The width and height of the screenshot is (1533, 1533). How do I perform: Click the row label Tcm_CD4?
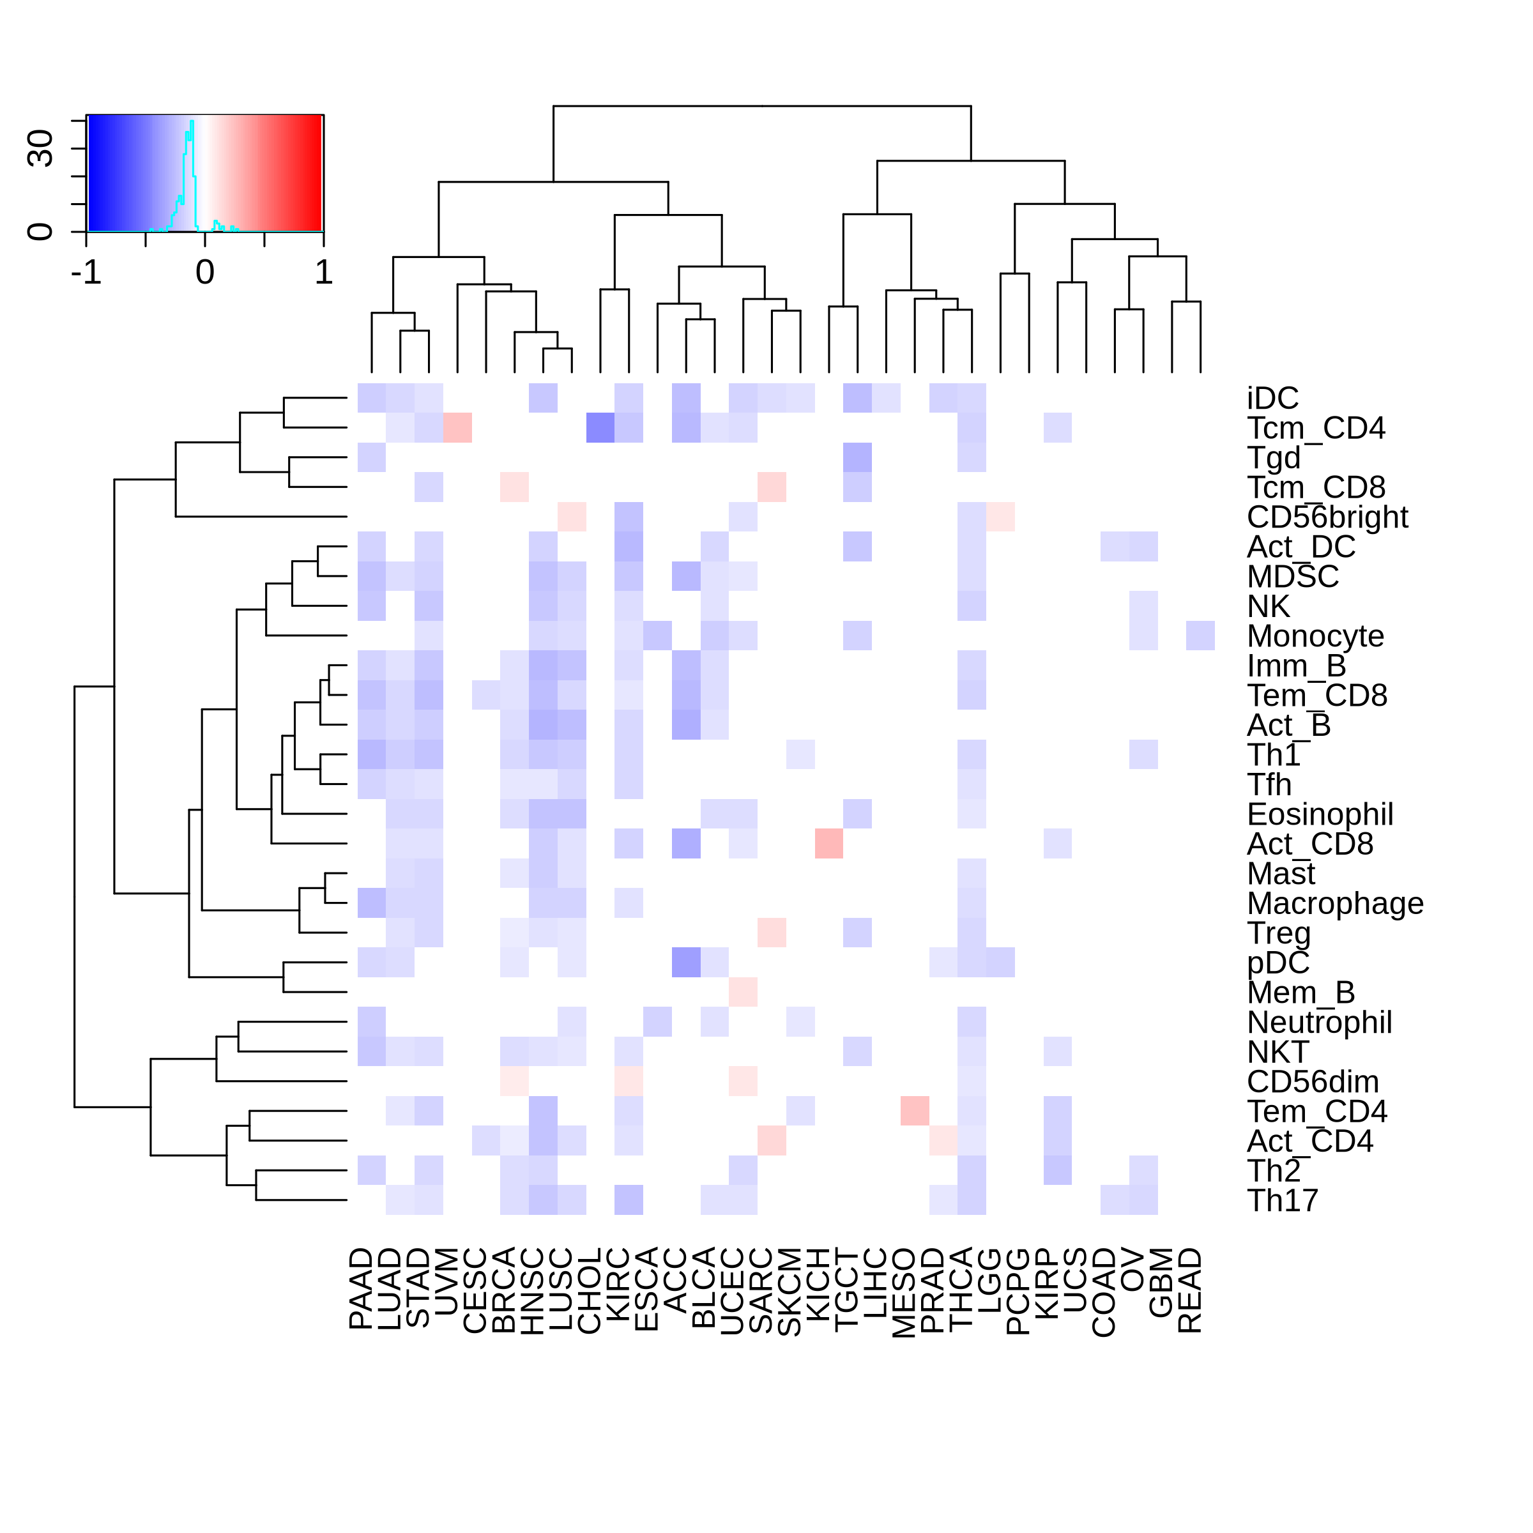click(1316, 429)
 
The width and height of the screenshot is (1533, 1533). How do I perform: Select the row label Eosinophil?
click(1320, 814)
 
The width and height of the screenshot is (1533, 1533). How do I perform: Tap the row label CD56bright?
click(1327, 517)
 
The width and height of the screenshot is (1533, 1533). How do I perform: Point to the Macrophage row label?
click(1334, 903)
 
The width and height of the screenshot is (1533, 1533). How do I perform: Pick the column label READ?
click(1189, 1290)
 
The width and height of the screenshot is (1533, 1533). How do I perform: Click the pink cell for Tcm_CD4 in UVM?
click(458, 428)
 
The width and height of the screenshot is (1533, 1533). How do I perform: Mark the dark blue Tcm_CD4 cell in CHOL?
click(600, 428)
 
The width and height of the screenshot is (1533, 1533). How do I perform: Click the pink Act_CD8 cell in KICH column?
click(829, 843)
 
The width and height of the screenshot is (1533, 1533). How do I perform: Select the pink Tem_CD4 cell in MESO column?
click(915, 1111)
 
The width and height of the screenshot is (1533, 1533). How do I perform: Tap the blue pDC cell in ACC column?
click(687, 963)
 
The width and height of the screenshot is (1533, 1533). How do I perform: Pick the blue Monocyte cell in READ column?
click(1201, 636)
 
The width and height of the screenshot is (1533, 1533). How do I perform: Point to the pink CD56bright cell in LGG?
click(1000, 517)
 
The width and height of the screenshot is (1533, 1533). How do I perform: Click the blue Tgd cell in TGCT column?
click(858, 457)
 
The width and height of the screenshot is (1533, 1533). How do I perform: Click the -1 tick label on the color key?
click(86, 273)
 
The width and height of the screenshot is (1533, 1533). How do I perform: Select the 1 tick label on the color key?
click(323, 273)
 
